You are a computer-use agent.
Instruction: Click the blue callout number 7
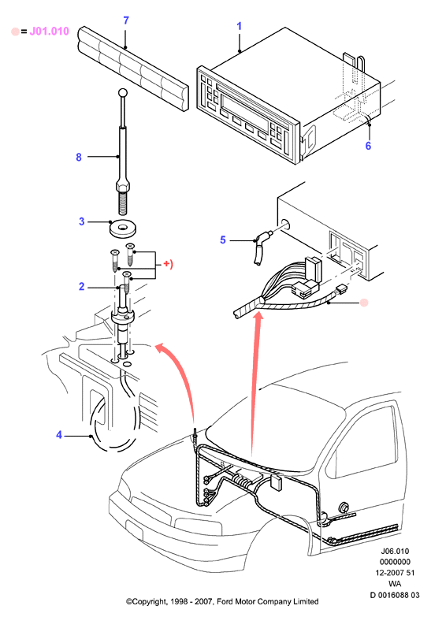click(x=126, y=20)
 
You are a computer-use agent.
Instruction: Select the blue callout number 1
click(x=239, y=26)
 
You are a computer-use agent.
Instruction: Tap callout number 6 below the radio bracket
click(x=368, y=146)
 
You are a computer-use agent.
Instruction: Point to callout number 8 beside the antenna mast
click(x=79, y=157)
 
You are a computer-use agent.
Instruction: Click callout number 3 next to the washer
click(x=81, y=221)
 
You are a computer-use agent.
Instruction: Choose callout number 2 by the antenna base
click(x=81, y=287)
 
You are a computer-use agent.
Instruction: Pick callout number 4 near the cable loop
click(x=59, y=435)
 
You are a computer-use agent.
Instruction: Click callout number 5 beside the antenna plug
click(x=223, y=240)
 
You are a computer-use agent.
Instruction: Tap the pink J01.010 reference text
click(x=49, y=32)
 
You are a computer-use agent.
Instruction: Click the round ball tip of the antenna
click(x=123, y=93)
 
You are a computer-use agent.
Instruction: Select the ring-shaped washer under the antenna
click(x=124, y=229)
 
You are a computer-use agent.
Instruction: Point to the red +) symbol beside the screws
click(x=168, y=264)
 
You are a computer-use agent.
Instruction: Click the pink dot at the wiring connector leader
click(x=364, y=303)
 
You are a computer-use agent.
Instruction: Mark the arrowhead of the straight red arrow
click(x=258, y=315)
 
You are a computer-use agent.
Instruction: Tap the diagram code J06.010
click(x=395, y=552)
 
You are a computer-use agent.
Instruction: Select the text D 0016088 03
click(x=395, y=595)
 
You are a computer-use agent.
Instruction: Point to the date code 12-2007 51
click(x=395, y=573)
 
